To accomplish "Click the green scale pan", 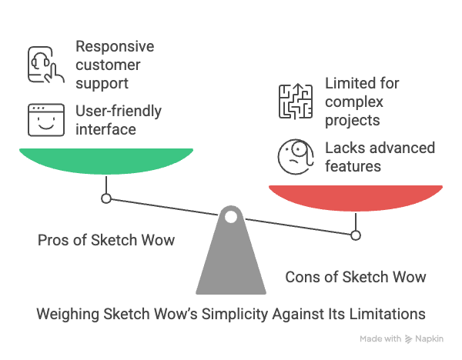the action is [106, 161].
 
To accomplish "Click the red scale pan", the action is [356, 198].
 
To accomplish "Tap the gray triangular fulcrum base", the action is [231, 259].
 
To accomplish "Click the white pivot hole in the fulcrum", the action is [231, 217].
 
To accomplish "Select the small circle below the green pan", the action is [106, 198].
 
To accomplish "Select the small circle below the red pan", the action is [356, 235].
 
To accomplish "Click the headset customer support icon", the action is [46, 65].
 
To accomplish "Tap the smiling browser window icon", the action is [46, 120].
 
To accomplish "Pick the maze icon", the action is [296, 102].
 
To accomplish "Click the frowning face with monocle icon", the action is [296, 157].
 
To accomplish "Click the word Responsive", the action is [115, 46].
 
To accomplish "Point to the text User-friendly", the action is [119, 112].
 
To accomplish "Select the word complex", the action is [354, 102].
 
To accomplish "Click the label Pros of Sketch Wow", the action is [106, 240].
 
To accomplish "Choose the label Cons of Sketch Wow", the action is [356, 277].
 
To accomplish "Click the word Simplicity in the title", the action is [235, 315].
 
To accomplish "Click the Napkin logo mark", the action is [408, 339].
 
